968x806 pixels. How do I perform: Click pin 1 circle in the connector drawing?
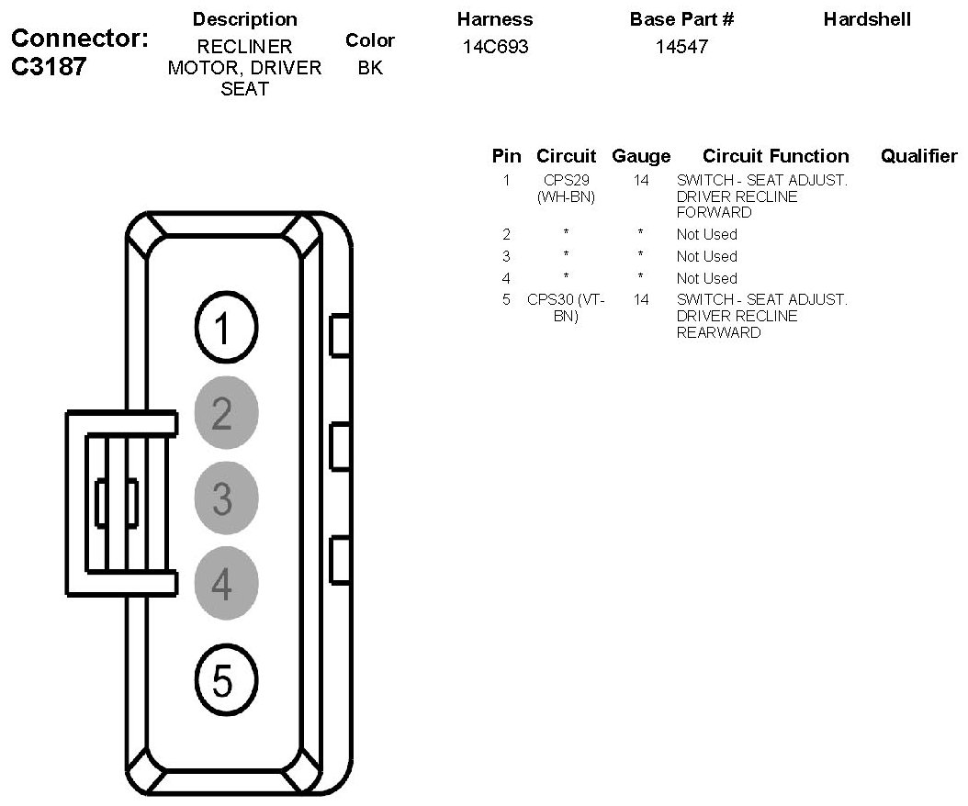pyautogui.click(x=227, y=328)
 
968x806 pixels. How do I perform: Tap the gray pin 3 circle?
pyautogui.click(x=226, y=498)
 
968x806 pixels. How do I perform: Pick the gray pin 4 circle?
pyautogui.click(x=226, y=584)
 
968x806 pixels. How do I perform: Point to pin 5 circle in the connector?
pyautogui.click(x=227, y=680)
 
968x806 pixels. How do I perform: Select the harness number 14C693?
pyautogui.click(x=496, y=46)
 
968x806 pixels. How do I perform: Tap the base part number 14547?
pyautogui.click(x=681, y=46)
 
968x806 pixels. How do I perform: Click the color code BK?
pyautogui.click(x=370, y=68)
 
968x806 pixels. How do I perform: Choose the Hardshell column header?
pyautogui.click(x=867, y=19)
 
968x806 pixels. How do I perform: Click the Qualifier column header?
pyautogui.click(x=918, y=156)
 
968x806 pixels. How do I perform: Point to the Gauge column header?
pyautogui.click(x=641, y=156)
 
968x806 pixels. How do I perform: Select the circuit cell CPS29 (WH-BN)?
pyautogui.click(x=567, y=188)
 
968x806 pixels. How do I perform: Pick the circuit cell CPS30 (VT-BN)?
pyautogui.click(x=567, y=308)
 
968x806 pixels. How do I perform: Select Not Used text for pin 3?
pyautogui.click(x=706, y=256)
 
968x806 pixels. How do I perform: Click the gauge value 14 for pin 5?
pyautogui.click(x=641, y=299)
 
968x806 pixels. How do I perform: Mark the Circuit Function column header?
pyautogui.click(x=775, y=156)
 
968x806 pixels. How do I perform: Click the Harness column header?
pyautogui.click(x=494, y=19)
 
